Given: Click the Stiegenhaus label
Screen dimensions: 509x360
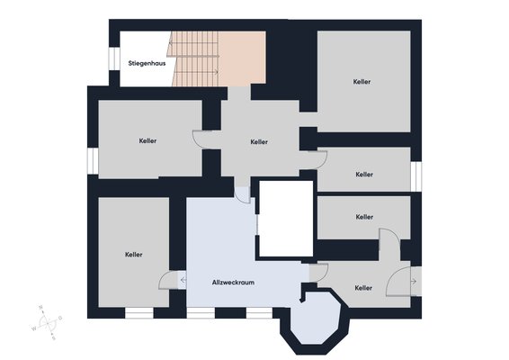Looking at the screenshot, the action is pyautogui.click(x=147, y=63).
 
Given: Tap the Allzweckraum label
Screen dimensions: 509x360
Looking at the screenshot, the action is pyautogui.click(x=233, y=283).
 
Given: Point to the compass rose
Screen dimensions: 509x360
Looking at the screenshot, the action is pyautogui.click(x=48, y=322).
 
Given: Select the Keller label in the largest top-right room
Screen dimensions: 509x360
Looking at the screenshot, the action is pyautogui.click(x=362, y=82).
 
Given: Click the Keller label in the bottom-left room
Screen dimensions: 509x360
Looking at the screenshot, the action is pyautogui.click(x=133, y=255).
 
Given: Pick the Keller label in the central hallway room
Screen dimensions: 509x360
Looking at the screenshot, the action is pyautogui.click(x=259, y=141).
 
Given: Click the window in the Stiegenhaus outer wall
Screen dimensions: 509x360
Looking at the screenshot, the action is pyautogui.click(x=114, y=58).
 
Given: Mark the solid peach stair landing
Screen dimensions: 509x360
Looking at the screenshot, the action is pyautogui.click(x=242, y=58).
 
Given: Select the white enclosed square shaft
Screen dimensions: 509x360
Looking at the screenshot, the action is pyautogui.click(x=286, y=219).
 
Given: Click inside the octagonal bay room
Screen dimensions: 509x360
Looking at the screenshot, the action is pyautogui.click(x=315, y=319).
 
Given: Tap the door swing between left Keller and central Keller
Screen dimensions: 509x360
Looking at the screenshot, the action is pyautogui.click(x=202, y=139).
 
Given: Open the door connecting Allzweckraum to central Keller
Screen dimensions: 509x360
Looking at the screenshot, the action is pyautogui.click(x=243, y=195).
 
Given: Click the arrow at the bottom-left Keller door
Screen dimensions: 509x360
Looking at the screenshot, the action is pyautogui.click(x=183, y=279).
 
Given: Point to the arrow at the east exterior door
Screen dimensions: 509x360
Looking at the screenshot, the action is pyautogui.click(x=414, y=282).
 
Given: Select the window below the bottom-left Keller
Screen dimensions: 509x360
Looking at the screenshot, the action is pyautogui.click(x=139, y=313).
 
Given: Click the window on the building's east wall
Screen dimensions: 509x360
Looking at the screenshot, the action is pyautogui.click(x=416, y=176).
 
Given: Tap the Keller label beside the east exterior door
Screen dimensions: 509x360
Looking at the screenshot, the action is pyautogui.click(x=363, y=288).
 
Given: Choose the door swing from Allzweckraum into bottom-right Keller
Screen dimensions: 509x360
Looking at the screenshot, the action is pyautogui.click(x=318, y=273).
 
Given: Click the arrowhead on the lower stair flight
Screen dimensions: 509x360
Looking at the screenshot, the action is pyautogui.click(x=216, y=72).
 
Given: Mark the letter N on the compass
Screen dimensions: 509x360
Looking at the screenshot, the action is pyautogui.click(x=40, y=307).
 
